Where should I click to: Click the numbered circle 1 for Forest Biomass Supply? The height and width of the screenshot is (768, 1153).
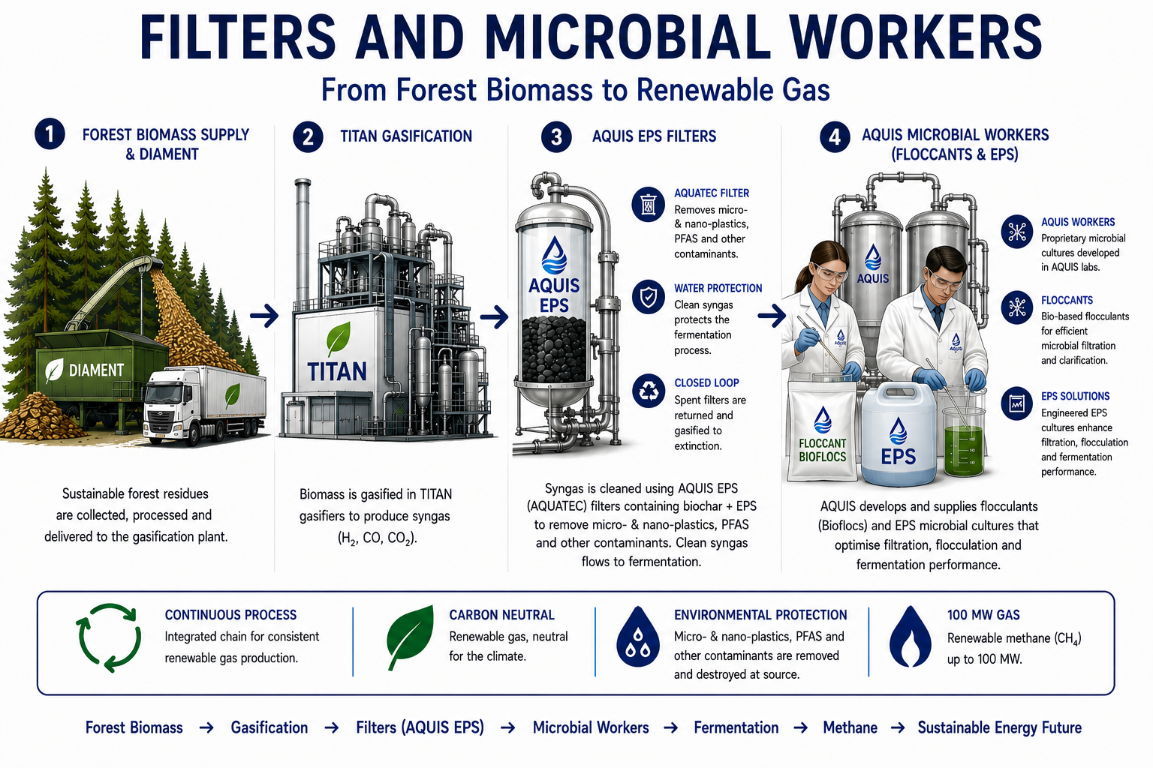[x=50, y=134]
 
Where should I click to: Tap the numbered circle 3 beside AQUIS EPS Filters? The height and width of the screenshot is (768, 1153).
[x=556, y=136]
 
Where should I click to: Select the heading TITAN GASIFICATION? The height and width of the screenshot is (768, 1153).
[x=406, y=136]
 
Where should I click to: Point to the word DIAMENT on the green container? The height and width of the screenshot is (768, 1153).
[x=96, y=370]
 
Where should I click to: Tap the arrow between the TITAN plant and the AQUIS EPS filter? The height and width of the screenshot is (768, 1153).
[x=494, y=316]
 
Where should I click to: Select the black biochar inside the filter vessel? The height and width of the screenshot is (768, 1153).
[x=554, y=349]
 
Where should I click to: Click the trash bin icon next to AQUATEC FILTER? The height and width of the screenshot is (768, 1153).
[x=648, y=204]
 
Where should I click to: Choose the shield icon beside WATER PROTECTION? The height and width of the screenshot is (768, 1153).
[x=648, y=297]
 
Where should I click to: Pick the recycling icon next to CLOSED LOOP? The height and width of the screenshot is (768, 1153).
[x=649, y=391]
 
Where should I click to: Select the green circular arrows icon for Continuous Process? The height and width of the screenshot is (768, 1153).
[x=109, y=637]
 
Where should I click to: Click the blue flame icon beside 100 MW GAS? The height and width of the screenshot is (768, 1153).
[x=911, y=637]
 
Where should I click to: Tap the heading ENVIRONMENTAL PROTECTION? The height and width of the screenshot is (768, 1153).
[x=760, y=615]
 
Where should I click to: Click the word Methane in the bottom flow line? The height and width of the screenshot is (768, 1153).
[x=850, y=727]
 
